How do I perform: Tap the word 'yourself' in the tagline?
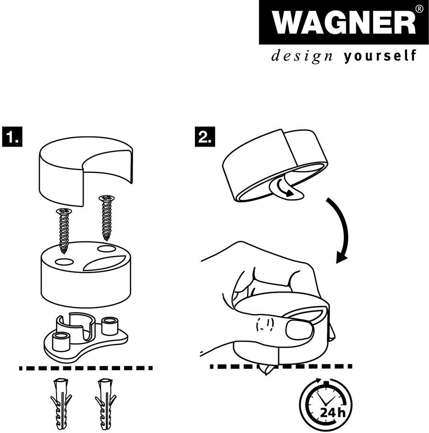[379, 57]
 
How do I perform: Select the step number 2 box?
[205, 137]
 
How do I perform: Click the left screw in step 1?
[63, 229]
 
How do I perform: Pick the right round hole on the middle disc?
[106, 249]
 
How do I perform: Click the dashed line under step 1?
[86, 368]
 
